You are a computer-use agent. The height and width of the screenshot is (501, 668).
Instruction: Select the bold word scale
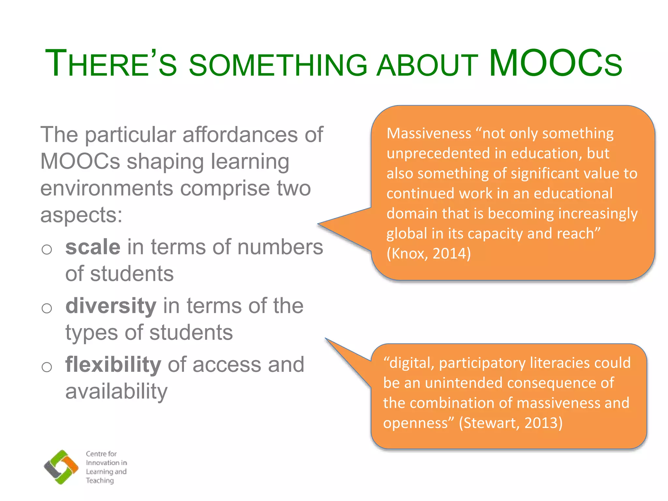point(93,247)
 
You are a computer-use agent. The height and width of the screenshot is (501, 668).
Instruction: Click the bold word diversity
point(111,306)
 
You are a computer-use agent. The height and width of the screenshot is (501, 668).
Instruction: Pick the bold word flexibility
point(113,364)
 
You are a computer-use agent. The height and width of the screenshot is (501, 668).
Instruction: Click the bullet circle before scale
point(47,250)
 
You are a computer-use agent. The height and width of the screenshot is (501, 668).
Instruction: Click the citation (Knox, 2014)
point(429,254)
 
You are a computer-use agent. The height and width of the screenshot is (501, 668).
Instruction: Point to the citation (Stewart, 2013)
point(511,423)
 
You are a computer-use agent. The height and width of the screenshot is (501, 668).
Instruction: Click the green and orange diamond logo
point(61,467)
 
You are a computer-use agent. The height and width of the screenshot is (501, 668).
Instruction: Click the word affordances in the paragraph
point(240,135)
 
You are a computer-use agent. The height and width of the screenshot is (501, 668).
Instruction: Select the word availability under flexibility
point(116,391)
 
